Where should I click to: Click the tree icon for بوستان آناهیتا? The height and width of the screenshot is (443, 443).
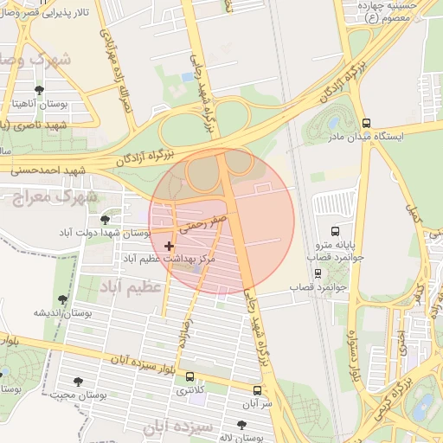click(39, 90)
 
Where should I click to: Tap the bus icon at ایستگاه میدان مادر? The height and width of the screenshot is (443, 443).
click(366, 124)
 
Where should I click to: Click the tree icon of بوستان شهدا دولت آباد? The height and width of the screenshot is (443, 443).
click(106, 221)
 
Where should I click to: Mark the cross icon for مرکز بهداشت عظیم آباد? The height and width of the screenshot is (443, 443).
click(169, 247)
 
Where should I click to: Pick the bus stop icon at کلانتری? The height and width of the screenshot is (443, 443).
click(189, 377)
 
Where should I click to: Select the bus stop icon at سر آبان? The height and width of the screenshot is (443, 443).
click(256, 390)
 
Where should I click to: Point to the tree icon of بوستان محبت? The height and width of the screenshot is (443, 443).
click(79, 382)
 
